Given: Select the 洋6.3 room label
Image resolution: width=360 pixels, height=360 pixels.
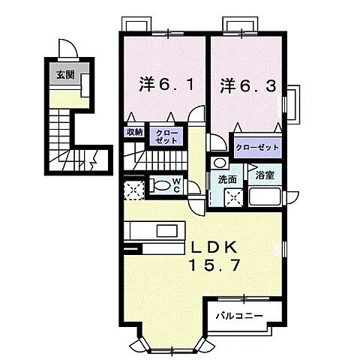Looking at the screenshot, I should pyautogui.click(x=242, y=85).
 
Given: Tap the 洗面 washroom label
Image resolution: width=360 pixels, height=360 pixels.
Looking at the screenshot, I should pyautogui.click(x=227, y=179).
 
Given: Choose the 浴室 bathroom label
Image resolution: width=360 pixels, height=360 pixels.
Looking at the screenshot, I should pyautogui.click(x=265, y=176).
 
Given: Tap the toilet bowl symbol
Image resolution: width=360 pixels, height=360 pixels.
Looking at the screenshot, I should pyautogui.click(x=160, y=184).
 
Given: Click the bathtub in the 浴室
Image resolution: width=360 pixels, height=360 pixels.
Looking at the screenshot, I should pyautogui.click(x=265, y=199).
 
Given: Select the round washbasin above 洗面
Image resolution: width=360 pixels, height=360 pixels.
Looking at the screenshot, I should pyautogui.click(x=218, y=163).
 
